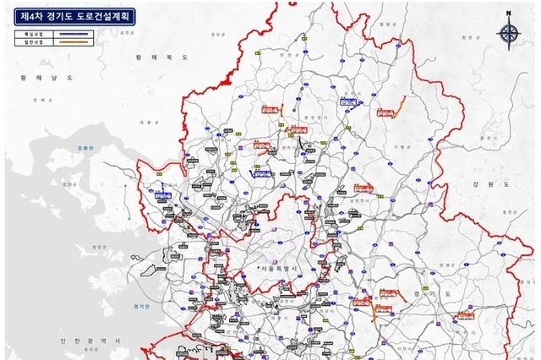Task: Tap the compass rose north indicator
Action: [x=509, y=31]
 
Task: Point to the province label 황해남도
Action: [x=41, y=77]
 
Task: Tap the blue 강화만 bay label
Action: [x=84, y=147]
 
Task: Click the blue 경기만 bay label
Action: [x=141, y=306]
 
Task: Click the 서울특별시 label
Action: [x=285, y=269]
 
